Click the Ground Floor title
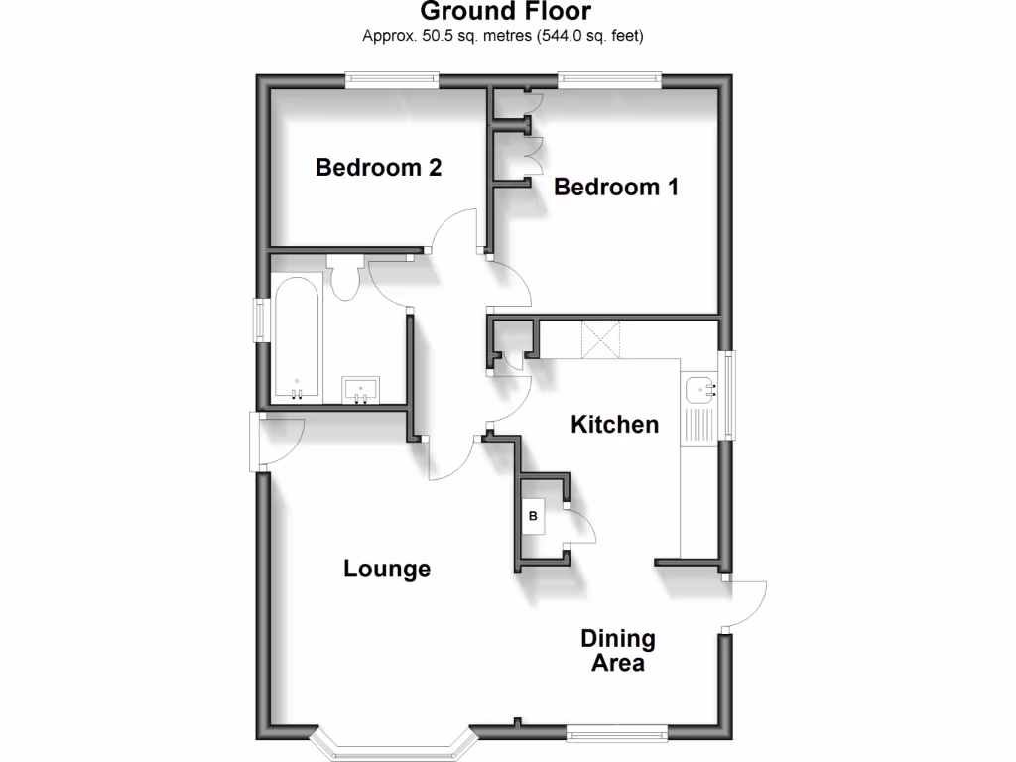pos(506,12)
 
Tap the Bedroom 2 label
pos(378,168)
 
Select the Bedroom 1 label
pos(616,187)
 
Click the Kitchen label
pos(615,425)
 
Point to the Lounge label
pos(387,569)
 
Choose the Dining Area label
pos(618,651)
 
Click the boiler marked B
pos(533,516)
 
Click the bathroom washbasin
pos(360,389)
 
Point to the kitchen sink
pos(699,389)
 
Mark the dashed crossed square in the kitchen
pos(600,339)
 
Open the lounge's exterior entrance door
pos(274,441)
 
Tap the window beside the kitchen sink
pos(729,394)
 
